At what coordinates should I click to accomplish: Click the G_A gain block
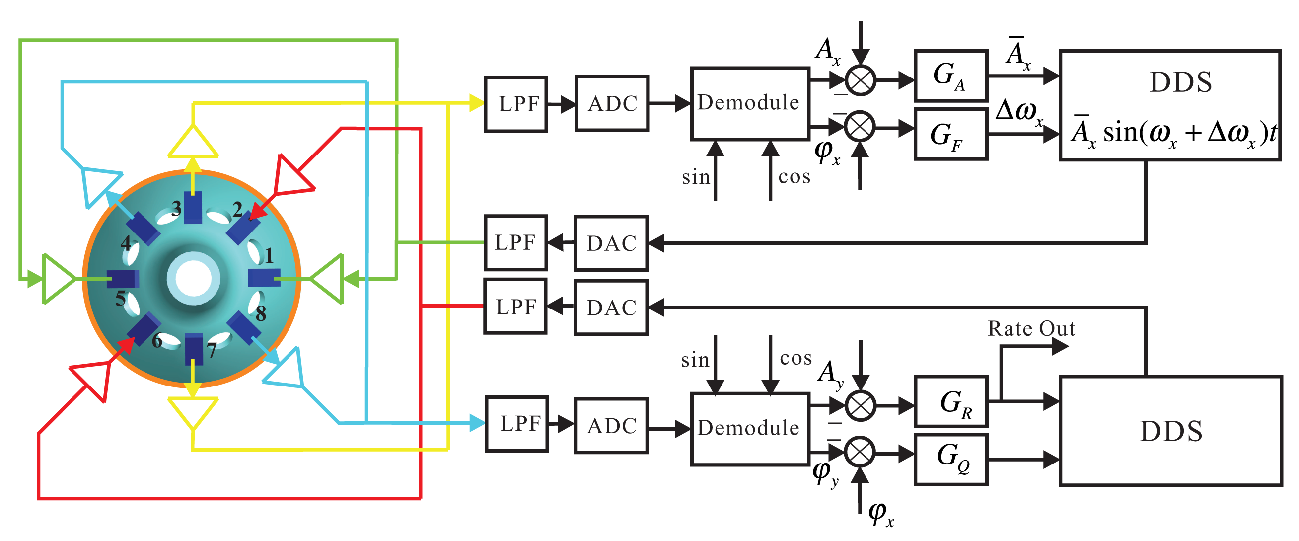950,75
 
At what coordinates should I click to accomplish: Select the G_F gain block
950,134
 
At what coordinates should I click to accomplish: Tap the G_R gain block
950,401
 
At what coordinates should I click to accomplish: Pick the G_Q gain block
950,459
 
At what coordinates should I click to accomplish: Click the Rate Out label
1031,328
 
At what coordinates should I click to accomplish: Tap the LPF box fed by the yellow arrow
515,104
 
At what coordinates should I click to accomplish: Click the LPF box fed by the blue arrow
516,423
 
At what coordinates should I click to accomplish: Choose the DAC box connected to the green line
611,243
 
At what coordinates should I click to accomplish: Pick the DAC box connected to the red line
611,308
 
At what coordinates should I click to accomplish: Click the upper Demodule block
749,103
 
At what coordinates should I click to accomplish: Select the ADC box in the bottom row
611,425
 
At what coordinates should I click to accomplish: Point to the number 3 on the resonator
176,208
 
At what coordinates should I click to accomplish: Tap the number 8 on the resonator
260,313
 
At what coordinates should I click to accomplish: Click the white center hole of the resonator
193,279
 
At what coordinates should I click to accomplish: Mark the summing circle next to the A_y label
860,405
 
